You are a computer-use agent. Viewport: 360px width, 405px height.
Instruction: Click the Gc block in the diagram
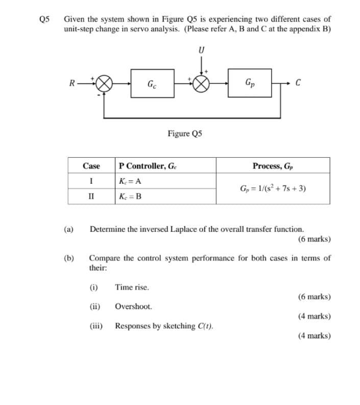coord(152,84)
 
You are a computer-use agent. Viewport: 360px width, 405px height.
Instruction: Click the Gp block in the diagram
coord(251,84)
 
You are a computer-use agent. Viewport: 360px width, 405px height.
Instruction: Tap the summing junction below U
coord(200,84)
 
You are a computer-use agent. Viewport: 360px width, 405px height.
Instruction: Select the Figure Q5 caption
coord(185,134)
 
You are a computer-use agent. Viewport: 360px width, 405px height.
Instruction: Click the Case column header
coord(91,166)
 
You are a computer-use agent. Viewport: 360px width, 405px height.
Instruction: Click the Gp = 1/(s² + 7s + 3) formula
coord(273,188)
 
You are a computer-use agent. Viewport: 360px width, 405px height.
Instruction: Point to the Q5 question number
coord(45,19)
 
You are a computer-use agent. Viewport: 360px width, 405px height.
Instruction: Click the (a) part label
coord(68,230)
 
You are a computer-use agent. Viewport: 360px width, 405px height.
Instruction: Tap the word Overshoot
coord(133,307)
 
